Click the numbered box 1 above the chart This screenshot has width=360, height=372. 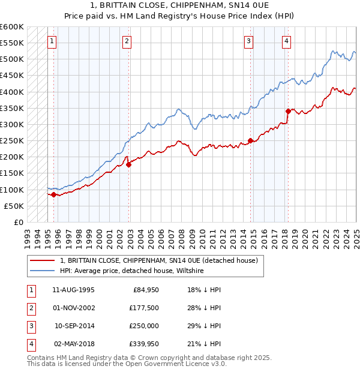[x=53, y=41]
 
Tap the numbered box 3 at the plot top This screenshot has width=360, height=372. [x=248, y=41]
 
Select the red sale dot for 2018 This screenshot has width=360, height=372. [x=288, y=111]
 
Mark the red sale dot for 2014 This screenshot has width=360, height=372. [x=250, y=141]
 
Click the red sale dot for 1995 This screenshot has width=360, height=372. [x=54, y=194]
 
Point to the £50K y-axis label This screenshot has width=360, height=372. [x=14, y=206]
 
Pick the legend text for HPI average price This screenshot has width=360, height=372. [x=132, y=271]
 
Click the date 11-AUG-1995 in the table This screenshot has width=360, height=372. [x=73, y=290]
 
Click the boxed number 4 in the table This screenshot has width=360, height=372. [x=30, y=344]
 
